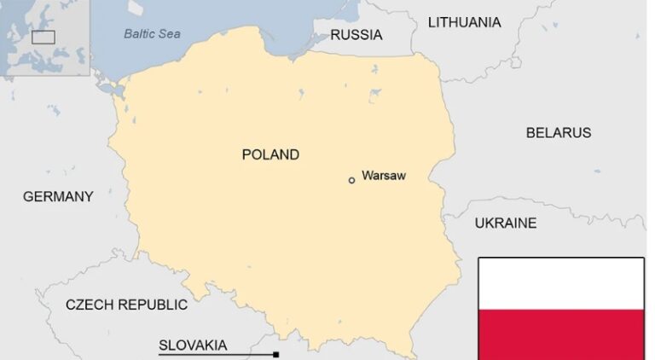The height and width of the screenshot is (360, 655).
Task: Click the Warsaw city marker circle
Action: tap(351, 180)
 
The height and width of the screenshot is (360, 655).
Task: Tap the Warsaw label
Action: tap(383, 176)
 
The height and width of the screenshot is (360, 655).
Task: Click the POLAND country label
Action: tap(270, 154)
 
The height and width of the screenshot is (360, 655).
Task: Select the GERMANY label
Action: tap(58, 196)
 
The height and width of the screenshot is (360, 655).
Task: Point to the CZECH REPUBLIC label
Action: tap(126, 305)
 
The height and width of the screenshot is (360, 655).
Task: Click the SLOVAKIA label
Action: tap(193, 345)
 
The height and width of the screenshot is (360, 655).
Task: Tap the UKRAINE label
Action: tap(506, 223)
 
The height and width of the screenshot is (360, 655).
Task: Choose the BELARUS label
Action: tap(558, 132)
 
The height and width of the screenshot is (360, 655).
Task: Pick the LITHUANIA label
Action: tap(464, 22)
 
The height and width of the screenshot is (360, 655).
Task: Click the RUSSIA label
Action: tap(356, 35)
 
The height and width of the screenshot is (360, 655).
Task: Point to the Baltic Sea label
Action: tap(152, 34)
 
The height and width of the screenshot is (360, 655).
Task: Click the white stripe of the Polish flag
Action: tap(560, 283)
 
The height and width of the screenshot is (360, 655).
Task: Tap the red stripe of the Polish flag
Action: tap(560, 334)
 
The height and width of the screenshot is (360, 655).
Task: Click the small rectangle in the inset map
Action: tap(43, 37)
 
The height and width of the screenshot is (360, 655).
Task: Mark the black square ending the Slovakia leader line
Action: tap(275, 354)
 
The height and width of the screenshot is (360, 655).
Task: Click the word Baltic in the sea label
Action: tap(140, 34)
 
